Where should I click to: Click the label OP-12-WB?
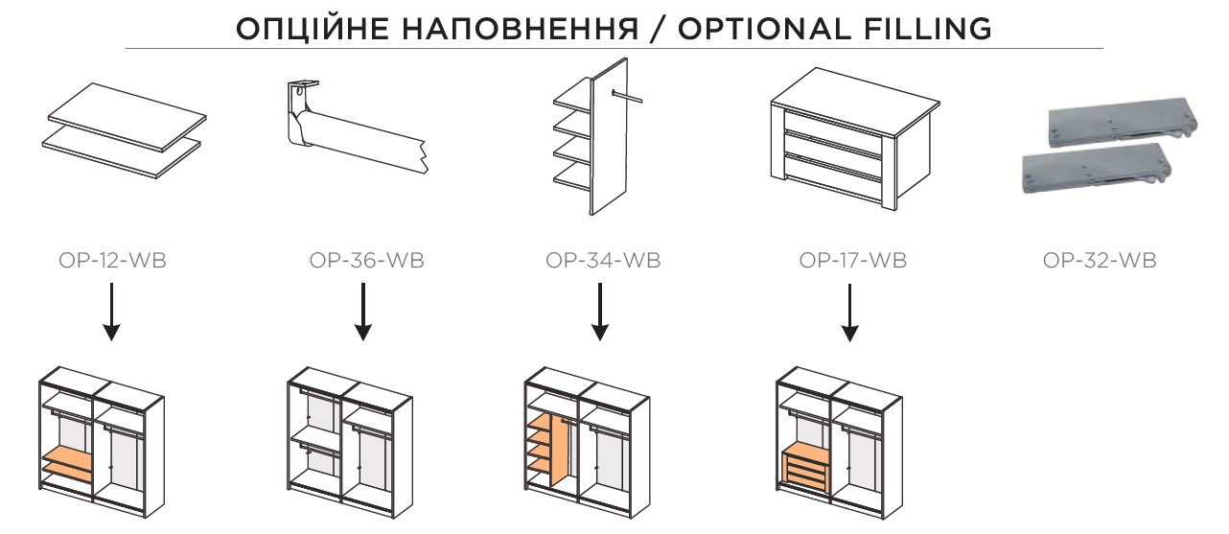112,260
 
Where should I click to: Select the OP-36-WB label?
366,260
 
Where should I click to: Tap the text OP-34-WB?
603,260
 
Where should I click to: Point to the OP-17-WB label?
852,260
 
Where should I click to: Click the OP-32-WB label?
1100,260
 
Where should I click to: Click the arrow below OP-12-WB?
111,312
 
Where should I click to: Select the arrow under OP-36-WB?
363,312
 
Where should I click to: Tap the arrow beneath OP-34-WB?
600,312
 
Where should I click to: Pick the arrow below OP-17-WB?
850,313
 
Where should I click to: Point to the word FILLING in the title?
928,29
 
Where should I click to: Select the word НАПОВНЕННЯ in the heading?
521,29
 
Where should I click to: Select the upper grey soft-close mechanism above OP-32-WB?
1122,125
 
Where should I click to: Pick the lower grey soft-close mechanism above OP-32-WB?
1096,169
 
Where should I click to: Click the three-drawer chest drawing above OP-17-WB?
854,139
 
